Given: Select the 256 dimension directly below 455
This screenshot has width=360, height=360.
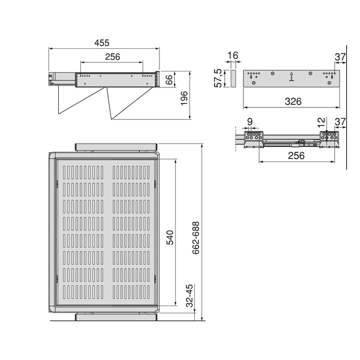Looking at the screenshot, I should [x=112, y=57].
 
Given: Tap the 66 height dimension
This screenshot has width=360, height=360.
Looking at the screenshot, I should [x=168, y=80].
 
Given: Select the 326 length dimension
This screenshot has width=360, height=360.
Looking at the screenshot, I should [x=293, y=101].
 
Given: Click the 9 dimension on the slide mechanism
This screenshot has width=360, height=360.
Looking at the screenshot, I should [x=249, y=121].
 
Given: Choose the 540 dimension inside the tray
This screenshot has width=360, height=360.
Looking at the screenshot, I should [x=169, y=236].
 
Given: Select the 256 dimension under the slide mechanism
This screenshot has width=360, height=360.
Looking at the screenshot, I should [x=296, y=155].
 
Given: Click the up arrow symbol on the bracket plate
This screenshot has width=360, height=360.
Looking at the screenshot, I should [x=292, y=77].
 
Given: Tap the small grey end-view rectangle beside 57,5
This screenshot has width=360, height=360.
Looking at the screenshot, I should [x=232, y=79].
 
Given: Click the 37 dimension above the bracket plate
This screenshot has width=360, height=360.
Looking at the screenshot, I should [x=339, y=57].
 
